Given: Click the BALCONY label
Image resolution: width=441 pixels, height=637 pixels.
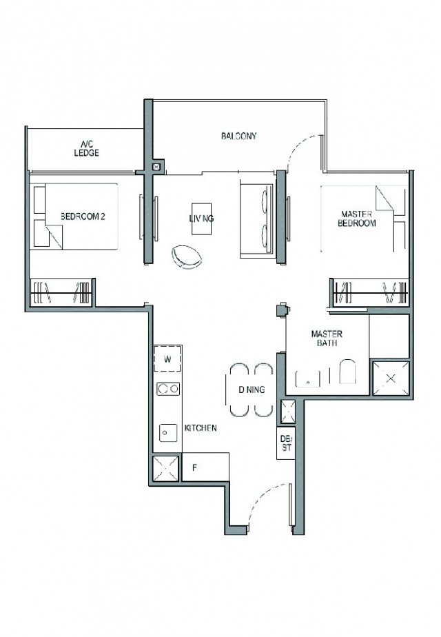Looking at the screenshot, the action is [239, 136].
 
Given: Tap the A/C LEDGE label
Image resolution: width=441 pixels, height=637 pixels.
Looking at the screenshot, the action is [87, 148].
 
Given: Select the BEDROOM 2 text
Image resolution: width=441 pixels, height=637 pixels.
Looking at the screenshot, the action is [83, 216].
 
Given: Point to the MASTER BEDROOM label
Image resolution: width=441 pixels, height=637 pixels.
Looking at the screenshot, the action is [356, 219].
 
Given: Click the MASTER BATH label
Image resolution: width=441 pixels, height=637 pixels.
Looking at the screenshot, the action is [327, 338].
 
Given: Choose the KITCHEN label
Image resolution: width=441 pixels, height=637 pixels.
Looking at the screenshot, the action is [201, 428].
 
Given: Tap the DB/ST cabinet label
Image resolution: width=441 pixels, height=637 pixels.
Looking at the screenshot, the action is [286, 443].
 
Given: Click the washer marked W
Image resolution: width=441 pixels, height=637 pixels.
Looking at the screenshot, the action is [167, 358].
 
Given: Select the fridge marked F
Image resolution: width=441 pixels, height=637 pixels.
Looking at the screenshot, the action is [205, 467].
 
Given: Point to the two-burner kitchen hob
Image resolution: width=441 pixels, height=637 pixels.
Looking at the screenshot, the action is [168, 389].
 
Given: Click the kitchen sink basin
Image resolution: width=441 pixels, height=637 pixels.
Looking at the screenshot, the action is [167, 433].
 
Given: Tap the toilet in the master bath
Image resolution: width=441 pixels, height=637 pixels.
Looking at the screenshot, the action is [347, 372].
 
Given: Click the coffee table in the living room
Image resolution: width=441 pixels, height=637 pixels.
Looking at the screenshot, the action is [201, 219].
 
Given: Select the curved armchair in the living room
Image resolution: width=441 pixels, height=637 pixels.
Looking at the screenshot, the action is [186, 257].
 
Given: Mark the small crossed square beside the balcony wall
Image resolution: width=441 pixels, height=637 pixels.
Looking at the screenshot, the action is [156, 167].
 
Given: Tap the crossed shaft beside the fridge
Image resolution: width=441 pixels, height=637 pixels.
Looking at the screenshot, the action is [165, 468].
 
